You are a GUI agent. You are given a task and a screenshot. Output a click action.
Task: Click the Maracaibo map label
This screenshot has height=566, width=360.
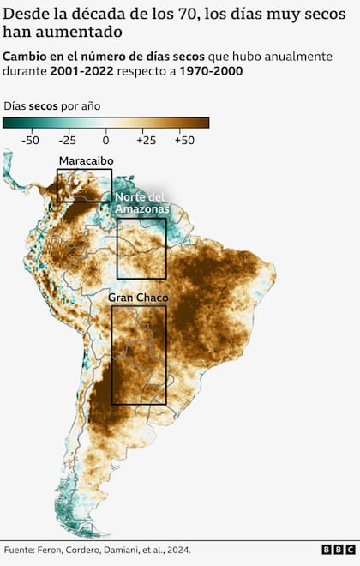coord(86,161)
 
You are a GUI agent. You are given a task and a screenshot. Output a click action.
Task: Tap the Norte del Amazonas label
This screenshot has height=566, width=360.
coord(142,202)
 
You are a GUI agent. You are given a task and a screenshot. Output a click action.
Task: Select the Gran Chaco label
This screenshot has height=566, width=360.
coord(138,298)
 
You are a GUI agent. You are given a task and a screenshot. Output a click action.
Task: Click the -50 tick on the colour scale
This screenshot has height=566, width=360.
coord(32,138)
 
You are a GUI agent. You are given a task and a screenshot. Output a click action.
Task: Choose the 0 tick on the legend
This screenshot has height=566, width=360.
coord(105,138)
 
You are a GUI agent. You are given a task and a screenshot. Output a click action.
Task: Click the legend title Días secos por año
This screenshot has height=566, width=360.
coord(52,105)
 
